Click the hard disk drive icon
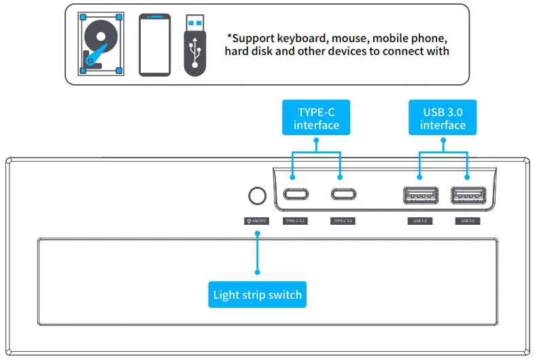tap(101, 43)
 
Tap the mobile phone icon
tap(154, 44)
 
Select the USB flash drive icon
tap(195, 45)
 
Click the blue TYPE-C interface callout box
tap(316, 118)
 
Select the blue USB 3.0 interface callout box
tap(443, 118)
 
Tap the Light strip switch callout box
tap(257, 295)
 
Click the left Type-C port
tap(294, 195)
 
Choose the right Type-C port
tap(342, 195)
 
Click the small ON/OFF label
tap(257, 221)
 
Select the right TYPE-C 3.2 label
tap(342, 221)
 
